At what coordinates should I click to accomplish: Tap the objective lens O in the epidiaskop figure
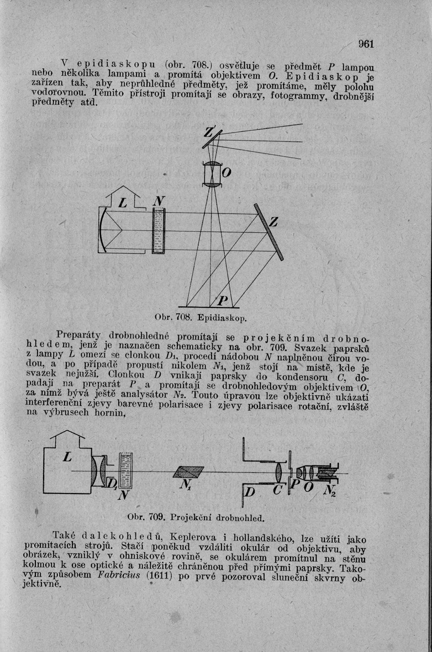(x=212, y=175)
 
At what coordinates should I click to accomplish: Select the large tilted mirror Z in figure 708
(x=269, y=232)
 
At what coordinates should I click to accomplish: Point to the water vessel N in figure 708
(x=159, y=231)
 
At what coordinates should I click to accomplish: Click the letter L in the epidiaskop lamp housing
(x=123, y=204)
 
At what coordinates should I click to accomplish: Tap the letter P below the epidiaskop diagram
(x=223, y=301)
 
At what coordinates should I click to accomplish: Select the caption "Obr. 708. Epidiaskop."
(x=197, y=319)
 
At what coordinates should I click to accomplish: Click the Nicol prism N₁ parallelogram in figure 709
(x=188, y=472)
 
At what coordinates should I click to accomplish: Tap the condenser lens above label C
(x=279, y=472)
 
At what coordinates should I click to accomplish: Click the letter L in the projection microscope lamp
(x=68, y=458)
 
